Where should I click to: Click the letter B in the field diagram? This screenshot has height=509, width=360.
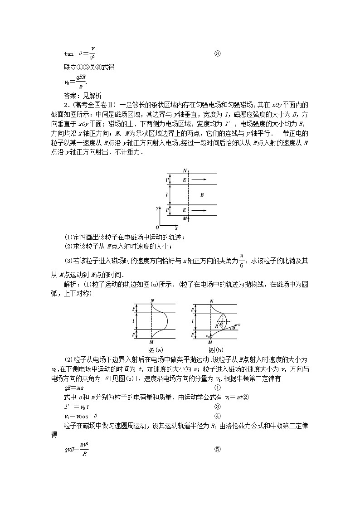[202, 195]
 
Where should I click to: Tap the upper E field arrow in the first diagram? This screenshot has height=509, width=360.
[199, 180]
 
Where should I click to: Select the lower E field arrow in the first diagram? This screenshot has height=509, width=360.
[199, 210]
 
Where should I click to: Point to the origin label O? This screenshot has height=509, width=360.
[157, 227]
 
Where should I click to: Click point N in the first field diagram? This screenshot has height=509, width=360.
[185, 170]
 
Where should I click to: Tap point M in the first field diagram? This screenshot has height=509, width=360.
[184, 218]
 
